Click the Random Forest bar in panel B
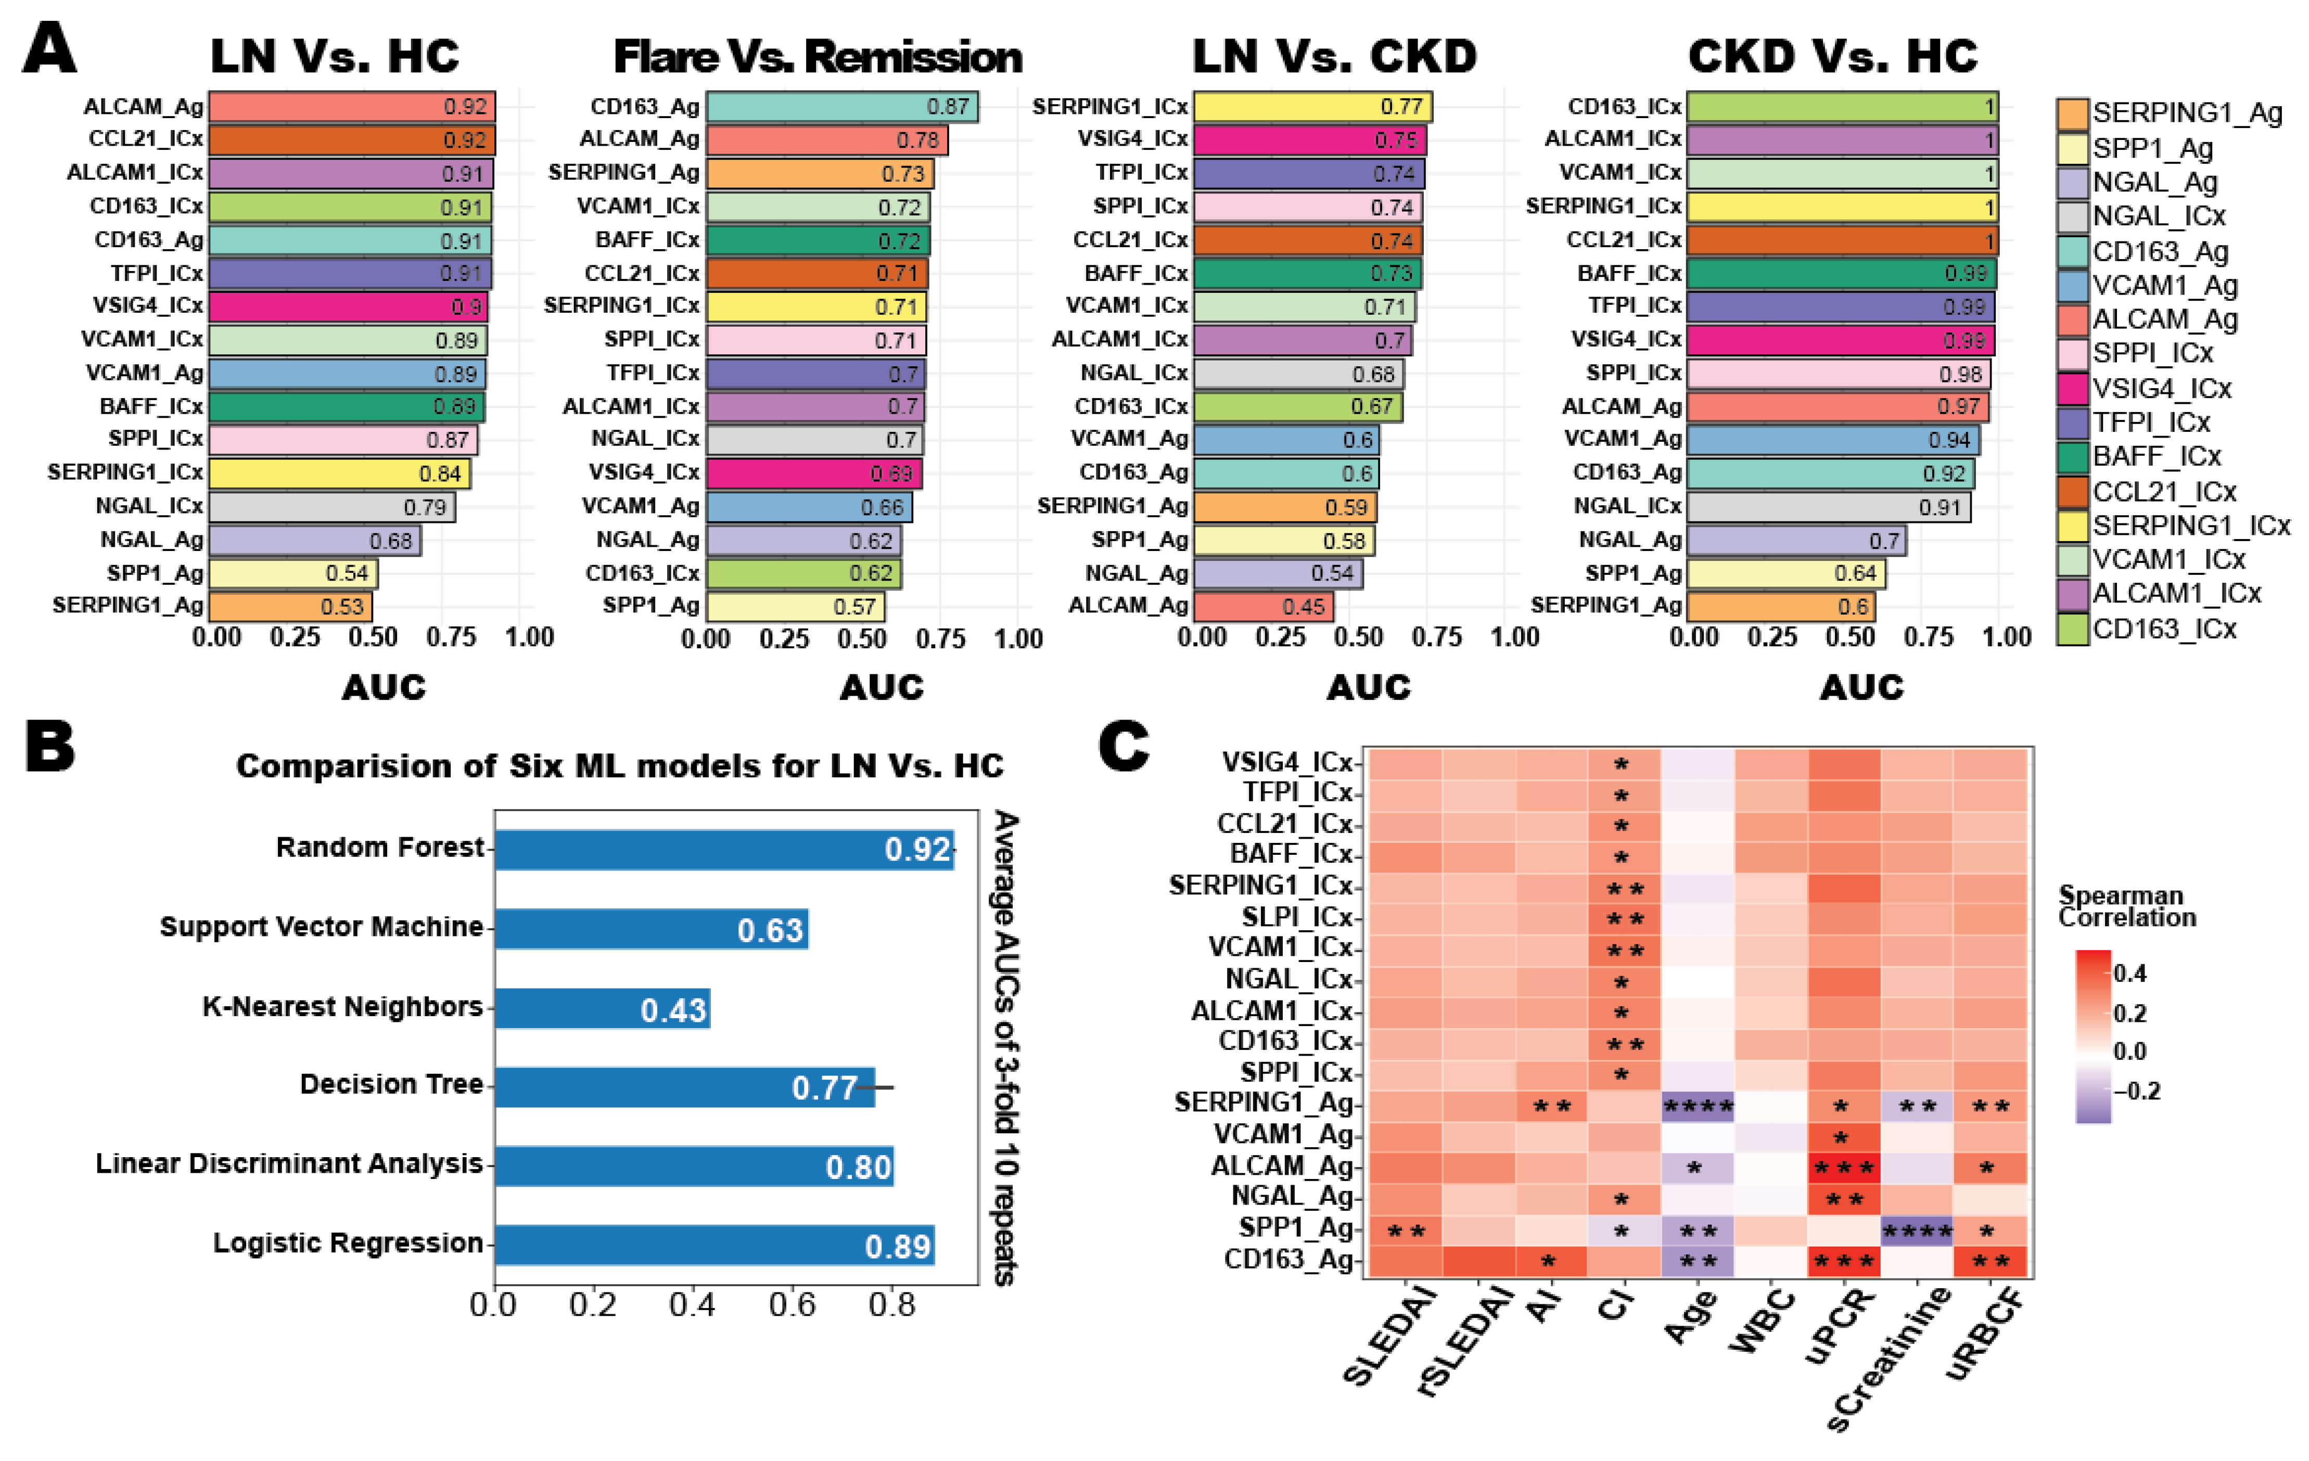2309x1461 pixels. pos(724,849)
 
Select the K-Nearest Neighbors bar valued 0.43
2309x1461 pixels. pos(602,1008)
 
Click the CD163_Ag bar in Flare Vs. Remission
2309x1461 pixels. pos(842,107)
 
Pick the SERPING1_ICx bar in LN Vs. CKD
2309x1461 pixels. pos(1312,107)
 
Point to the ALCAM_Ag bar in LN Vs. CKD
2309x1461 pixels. pos(1263,607)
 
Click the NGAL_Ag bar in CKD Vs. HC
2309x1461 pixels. pos(1796,541)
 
